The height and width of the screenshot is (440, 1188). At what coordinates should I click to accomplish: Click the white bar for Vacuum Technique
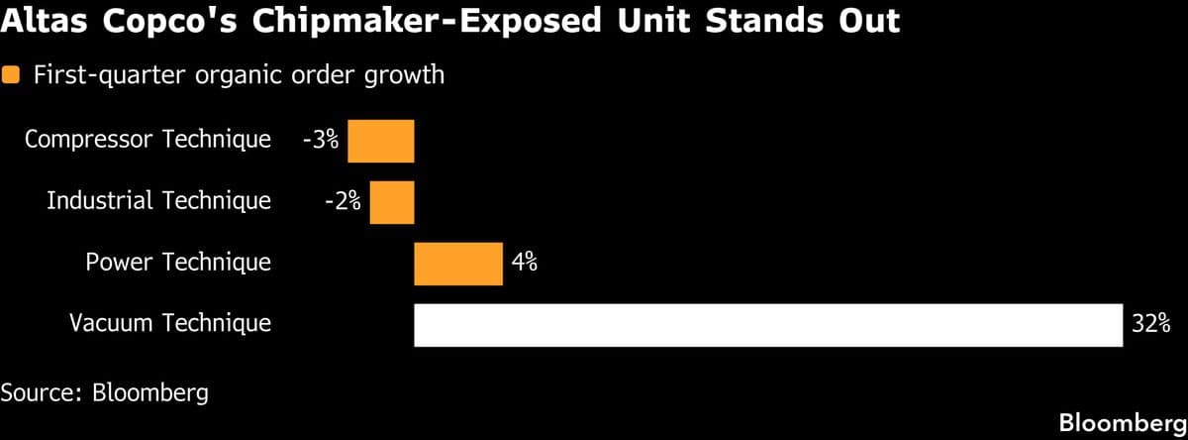(x=768, y=325)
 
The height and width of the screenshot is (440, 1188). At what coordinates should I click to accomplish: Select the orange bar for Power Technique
(x=458, y=264)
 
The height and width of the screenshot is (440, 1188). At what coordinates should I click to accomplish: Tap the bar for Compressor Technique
(x=381, y=141)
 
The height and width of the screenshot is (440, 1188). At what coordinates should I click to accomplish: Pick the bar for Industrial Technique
(x=392, y=202)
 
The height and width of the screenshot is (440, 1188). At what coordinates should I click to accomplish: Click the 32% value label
(x=1151, y=323)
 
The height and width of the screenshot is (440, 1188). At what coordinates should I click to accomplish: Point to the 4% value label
(x=525, y=262)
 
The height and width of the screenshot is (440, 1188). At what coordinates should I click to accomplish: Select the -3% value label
(x=320, y=140)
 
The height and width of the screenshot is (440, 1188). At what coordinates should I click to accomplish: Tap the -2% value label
(x=343, y=201)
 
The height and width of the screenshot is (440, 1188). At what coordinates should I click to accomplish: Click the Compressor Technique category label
(x=148, y=139)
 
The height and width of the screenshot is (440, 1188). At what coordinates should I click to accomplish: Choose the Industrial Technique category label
(x=158, y=200)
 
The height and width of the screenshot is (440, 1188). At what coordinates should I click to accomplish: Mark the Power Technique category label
(x=178, y=262)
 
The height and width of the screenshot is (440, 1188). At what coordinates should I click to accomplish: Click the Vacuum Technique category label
(x=169, y=323)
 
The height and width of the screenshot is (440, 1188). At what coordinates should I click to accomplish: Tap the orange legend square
(x=13, y=75)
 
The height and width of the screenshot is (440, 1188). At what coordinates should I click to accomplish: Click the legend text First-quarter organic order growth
(x=239, y=75)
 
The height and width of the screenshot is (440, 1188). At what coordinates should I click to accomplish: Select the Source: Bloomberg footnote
(x=105, y=392)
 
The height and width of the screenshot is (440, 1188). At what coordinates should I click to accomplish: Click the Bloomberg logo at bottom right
(x=1123, y=422)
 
